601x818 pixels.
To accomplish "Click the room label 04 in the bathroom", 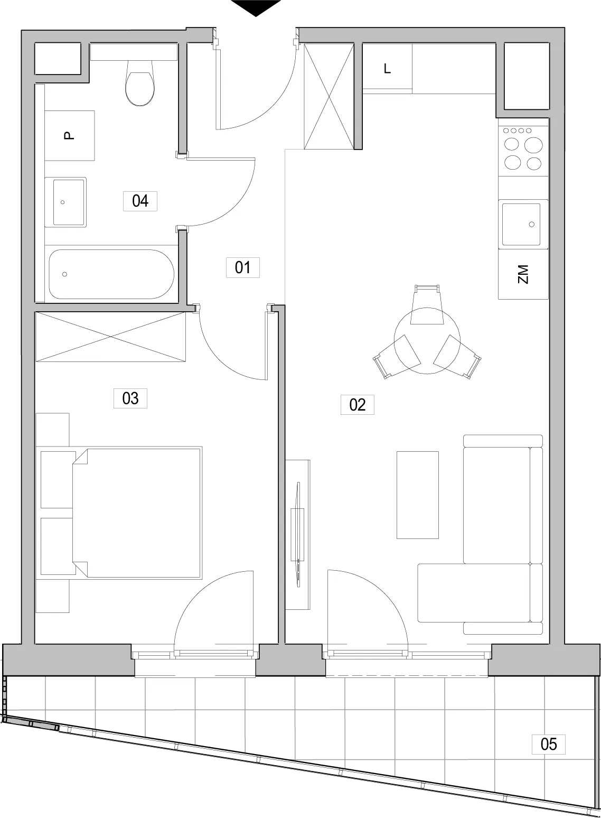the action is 140,201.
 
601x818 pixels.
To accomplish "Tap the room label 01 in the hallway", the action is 242,268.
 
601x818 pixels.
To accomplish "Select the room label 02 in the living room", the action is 357,405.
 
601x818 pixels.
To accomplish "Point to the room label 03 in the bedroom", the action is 130,398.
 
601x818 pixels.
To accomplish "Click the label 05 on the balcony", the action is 549,744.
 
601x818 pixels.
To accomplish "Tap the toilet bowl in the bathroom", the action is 139,83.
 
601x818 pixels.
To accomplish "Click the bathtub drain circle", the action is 64,274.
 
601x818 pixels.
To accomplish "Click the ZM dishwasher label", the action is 523,274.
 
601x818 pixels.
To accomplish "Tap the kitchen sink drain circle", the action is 532,224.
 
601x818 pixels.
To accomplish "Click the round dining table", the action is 427,340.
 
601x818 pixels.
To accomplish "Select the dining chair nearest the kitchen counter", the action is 427,304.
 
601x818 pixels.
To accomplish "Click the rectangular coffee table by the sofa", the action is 417,495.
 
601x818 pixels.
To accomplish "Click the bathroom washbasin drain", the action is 62,202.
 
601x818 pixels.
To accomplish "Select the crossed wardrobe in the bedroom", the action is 110,337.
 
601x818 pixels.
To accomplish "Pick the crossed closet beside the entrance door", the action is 329,96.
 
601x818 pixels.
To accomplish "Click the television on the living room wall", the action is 298,535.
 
